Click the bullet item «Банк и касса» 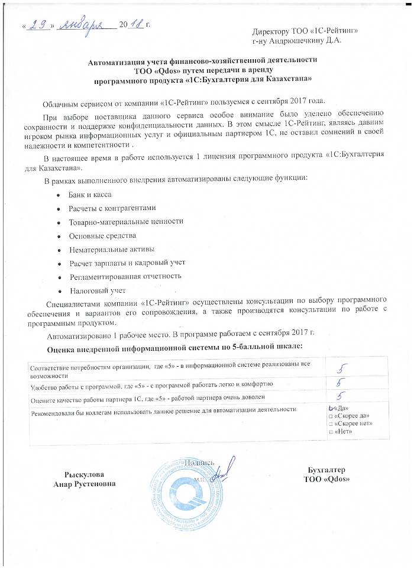tap(90, 194)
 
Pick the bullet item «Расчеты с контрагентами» tap(112, 208)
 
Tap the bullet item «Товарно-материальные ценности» tap(126, 221)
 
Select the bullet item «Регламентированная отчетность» tap(125, 276)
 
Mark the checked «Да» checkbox tap(331, 408)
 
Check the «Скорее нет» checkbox tap(330, 424)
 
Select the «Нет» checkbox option tap(330, 432)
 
